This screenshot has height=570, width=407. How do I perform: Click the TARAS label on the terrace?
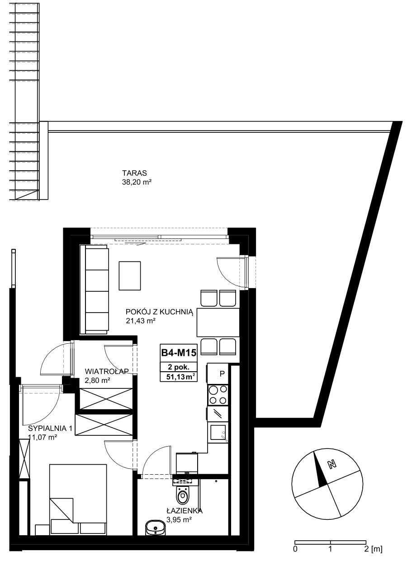coord(134,173)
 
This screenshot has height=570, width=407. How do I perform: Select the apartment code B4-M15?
coord(179,353)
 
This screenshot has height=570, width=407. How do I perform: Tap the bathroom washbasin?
coord(156,528)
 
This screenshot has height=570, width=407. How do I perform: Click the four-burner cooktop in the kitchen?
coord(218,395)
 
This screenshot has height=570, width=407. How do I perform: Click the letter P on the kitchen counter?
coord(222,374)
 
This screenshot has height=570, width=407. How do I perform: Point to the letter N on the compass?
coord(331,464)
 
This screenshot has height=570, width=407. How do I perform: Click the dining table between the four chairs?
coord(218,322)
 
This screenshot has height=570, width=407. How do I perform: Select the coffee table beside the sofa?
coord(130,276)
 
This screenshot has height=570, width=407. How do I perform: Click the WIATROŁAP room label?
coord(107,372)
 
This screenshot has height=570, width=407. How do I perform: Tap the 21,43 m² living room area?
coord(141,321)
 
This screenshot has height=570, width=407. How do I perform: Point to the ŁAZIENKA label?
coord(185,510)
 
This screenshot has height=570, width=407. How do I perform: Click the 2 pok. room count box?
coord(179,367)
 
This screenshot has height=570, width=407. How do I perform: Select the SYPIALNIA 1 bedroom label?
coord(50,428)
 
